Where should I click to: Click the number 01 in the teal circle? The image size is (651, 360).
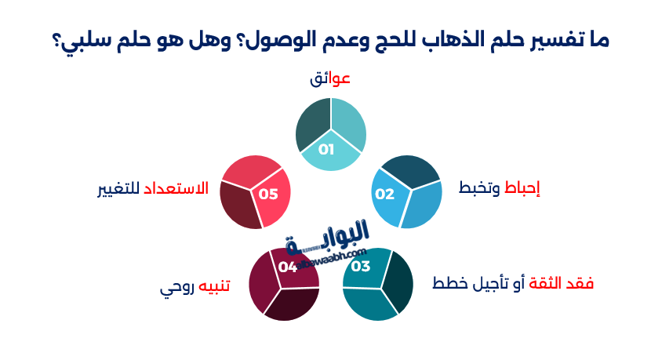326,149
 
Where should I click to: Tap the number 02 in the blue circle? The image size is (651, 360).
384,194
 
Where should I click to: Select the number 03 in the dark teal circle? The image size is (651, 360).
361,267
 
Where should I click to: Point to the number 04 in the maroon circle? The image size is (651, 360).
288,267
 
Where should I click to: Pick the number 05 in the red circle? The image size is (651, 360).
269,194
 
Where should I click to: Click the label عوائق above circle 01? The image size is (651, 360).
330,79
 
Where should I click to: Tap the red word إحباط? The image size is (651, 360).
522,189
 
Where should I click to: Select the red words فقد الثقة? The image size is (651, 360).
563,283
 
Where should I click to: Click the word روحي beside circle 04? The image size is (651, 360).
175,287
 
